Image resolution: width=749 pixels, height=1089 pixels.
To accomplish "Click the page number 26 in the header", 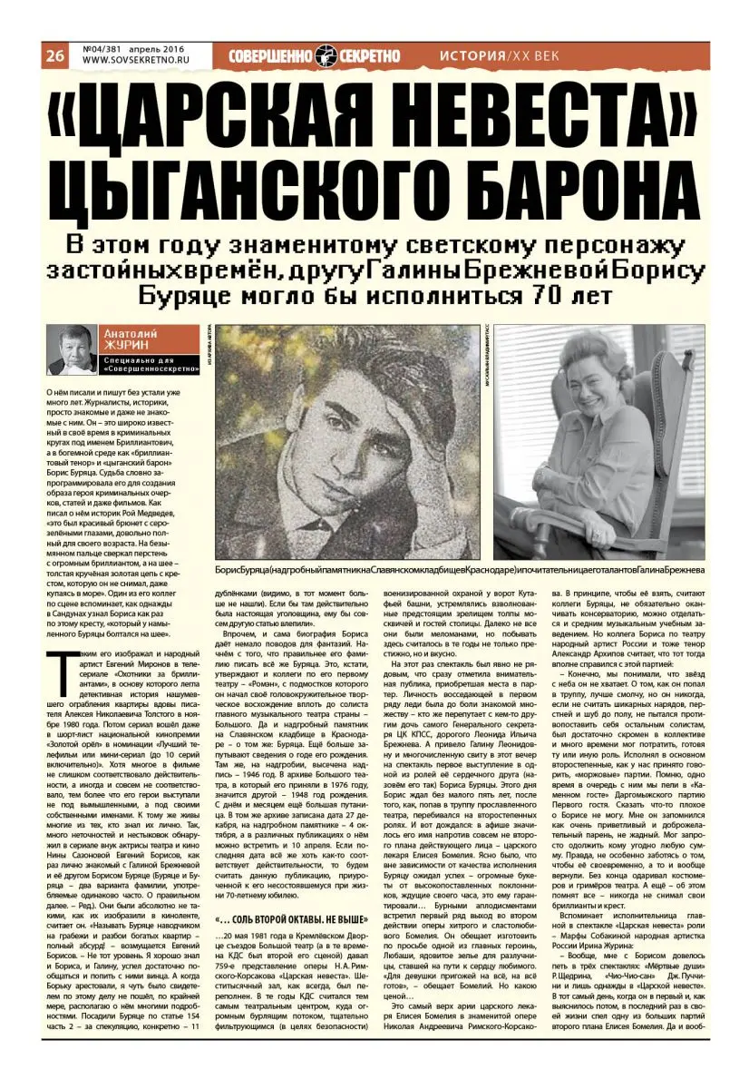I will pyautogui.click(x=53, y=55).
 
